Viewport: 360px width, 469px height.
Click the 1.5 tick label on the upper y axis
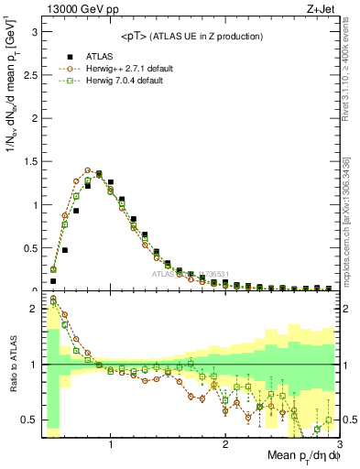tap(29, 161)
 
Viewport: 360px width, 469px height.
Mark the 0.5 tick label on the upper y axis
tap(29, 248)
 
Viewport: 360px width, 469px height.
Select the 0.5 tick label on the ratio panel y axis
tap(29, 420)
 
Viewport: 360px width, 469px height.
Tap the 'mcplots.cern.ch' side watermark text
tap(351, 229)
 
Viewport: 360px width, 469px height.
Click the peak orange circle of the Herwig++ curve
tap(88, 170)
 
